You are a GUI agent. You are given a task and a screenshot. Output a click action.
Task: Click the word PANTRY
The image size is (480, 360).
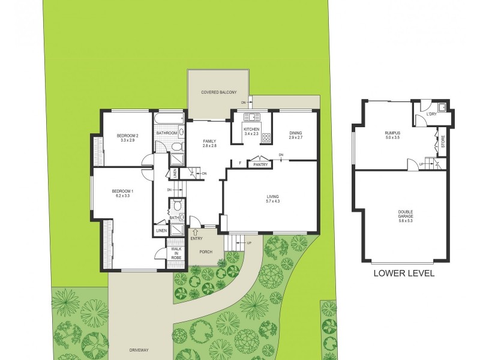point(260,164)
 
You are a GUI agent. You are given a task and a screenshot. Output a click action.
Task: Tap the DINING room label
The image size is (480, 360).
point(295,133)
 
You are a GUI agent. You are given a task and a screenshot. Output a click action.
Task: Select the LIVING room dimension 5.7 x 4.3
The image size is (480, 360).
point(273,202)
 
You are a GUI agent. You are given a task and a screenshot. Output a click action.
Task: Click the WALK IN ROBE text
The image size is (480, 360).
point(176,253)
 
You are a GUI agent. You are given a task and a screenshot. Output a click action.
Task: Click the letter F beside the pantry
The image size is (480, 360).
point(241,163)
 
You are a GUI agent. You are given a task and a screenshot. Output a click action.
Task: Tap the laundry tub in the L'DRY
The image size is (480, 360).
point(441,109)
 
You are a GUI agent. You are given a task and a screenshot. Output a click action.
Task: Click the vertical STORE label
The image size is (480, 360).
point(443,142)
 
